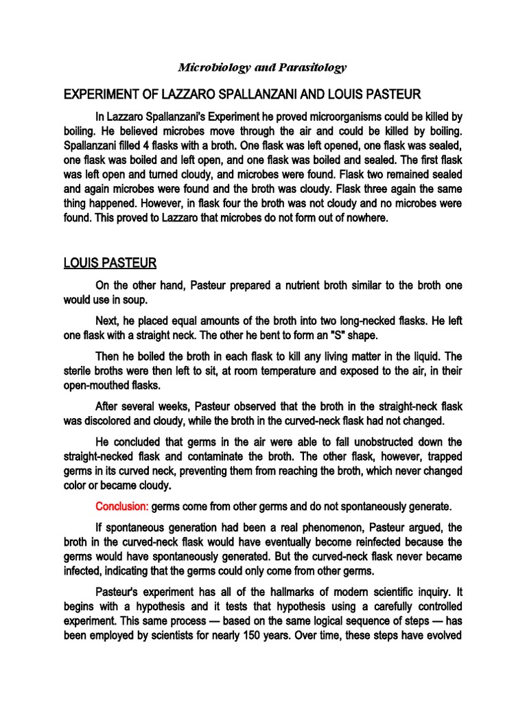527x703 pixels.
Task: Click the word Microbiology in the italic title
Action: [209, 67]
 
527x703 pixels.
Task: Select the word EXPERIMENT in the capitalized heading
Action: [100, 93]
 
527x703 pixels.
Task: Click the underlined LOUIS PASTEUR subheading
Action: [109, 263]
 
